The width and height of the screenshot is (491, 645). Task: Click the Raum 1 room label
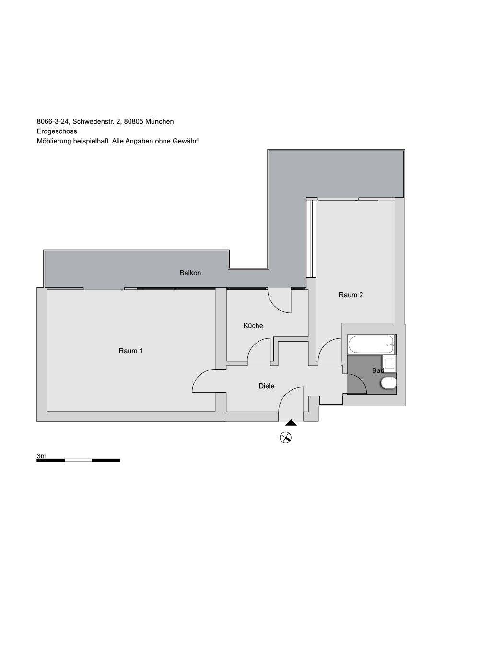point(130,351)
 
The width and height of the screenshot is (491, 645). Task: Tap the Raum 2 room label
point(351,295)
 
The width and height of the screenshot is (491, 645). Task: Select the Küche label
point(253,325)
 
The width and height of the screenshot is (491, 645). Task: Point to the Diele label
point(267,386)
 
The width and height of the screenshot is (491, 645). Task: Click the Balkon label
point(190,273)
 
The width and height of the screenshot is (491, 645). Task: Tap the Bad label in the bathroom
point(378,370)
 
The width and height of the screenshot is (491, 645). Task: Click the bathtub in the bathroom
point(372,345)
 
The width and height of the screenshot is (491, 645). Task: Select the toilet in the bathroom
point(388,383)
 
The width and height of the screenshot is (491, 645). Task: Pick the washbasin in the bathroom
point(389,363)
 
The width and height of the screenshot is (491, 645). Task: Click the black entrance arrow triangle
point(291,422)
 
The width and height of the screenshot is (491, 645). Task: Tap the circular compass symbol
point(286,438)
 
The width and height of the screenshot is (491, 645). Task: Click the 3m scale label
point(41,456)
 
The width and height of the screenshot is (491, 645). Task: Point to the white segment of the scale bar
point(78,460)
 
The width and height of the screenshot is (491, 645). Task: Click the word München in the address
point(159,121)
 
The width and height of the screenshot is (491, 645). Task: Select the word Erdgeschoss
point(57,131)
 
